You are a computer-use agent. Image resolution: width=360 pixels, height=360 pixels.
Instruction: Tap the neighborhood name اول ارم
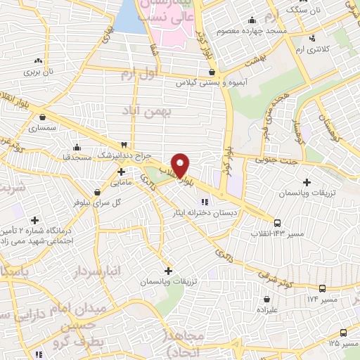[136, 73]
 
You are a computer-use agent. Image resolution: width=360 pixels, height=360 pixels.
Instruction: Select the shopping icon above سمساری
[44, 117]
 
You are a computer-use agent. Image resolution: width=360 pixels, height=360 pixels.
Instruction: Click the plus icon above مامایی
[121, 171]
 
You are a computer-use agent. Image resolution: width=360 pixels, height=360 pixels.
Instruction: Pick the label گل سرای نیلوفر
[86, 202]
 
